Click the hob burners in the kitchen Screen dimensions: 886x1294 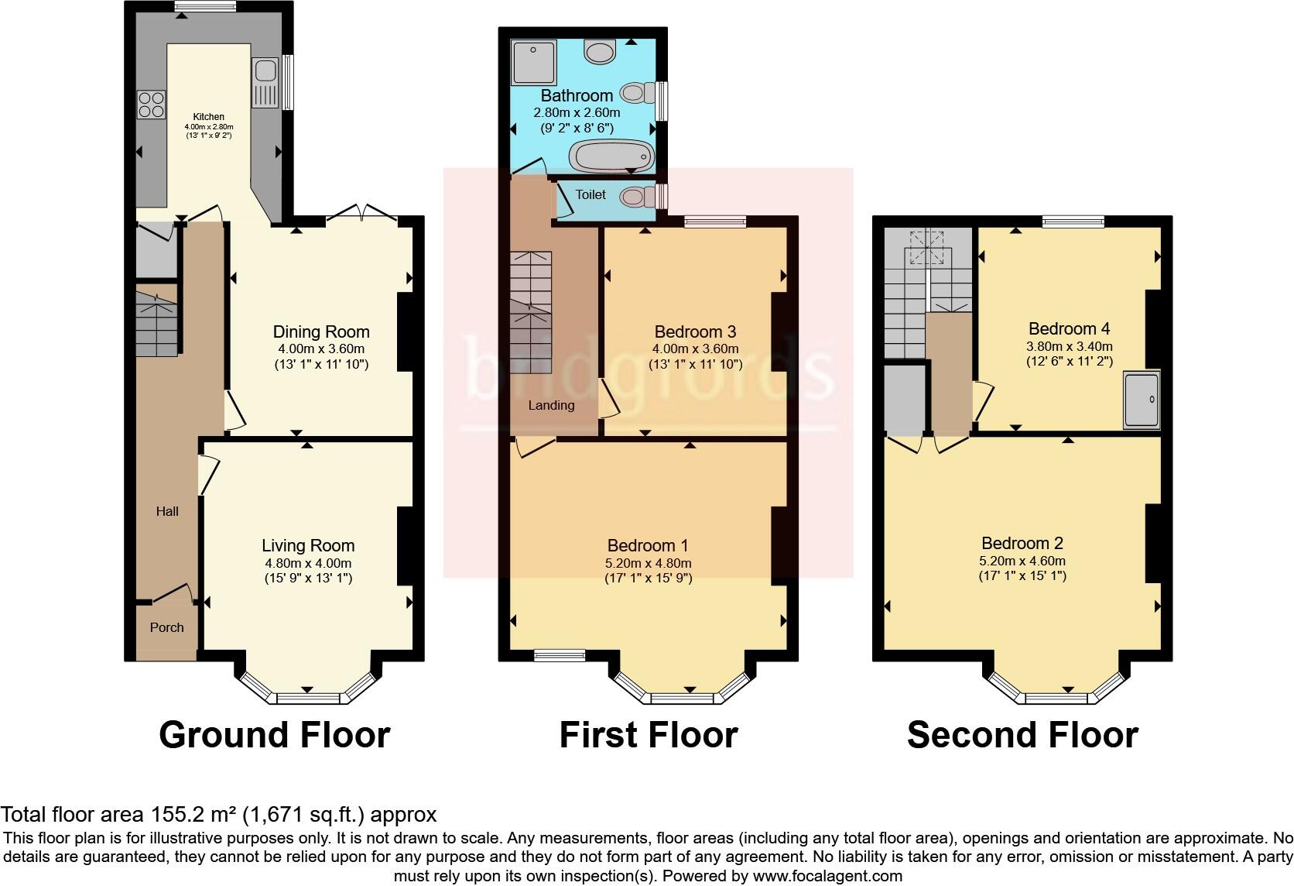click(x=151, y=105)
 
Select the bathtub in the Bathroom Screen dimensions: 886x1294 click(x=611, y=156)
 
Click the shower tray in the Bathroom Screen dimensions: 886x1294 click(x=533, y=61)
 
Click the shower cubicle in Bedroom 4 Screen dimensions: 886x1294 click(x=1142, y=400)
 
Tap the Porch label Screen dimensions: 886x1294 click(x=166, y=627)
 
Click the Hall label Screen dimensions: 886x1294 click(x=167, y=511)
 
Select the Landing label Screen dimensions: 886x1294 click(x=551, y=405)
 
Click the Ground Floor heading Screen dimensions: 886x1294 click(x=274, y=734)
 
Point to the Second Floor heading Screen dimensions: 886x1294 click(x=1022, y=734)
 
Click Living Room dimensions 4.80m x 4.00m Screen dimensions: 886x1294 click(x=308, y=563)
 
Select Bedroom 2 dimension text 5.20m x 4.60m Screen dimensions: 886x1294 click(x=1022, y=561)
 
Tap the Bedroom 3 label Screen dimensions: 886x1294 click(x=695, y=331)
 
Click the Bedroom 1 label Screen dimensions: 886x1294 click(x=648, y=546)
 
